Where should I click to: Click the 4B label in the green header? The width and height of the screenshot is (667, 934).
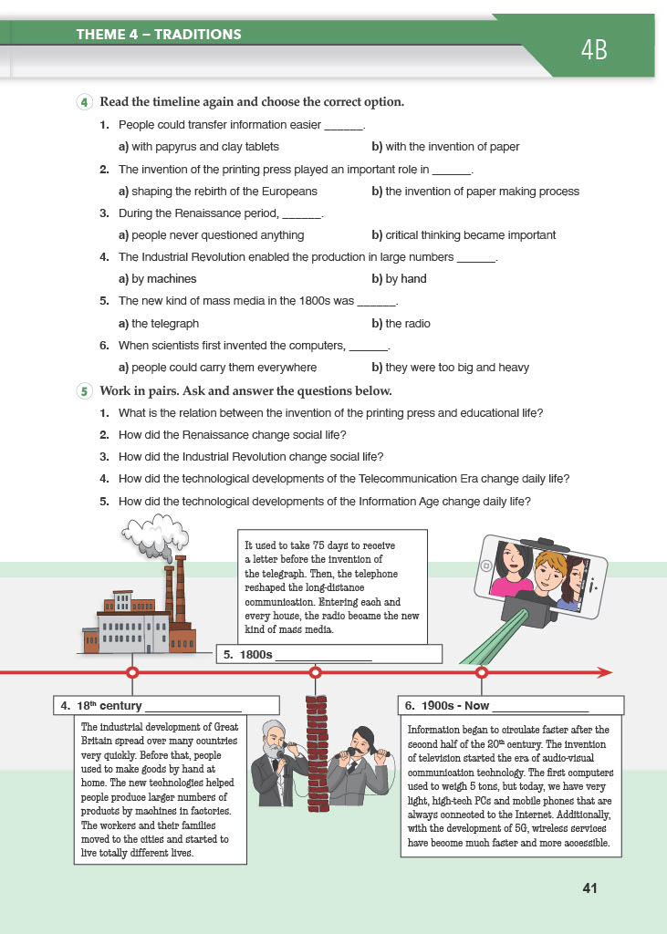[593, 50]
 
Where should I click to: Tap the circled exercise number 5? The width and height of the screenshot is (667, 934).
[85, 391]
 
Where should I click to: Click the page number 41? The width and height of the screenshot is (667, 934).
[589, 887]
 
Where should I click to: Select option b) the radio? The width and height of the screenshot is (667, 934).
[401, 323]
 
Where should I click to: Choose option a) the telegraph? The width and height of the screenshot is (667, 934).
[159, 323]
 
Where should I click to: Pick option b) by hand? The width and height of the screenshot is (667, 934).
[399, 279]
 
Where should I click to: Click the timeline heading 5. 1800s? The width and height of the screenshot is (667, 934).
[248, 654]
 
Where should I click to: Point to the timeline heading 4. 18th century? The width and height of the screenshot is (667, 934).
[101, 705]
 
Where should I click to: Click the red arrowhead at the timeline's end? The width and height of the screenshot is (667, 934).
[603, 672]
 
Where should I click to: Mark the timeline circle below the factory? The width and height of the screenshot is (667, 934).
[132, 672]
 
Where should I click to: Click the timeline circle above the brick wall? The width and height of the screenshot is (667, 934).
[316, 672]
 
